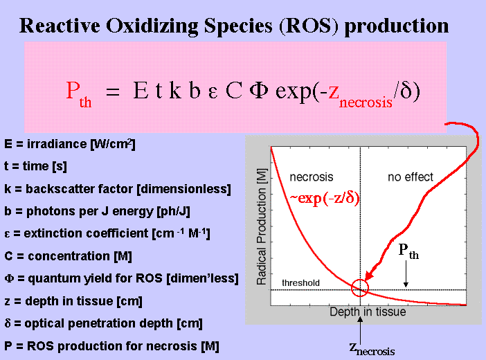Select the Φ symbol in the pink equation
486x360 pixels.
259,91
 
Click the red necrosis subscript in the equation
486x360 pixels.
366,102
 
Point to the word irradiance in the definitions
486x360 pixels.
57,144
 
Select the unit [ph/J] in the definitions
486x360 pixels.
173,211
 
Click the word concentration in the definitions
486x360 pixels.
69,256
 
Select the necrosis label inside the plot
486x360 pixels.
311,177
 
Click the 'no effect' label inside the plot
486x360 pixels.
411,177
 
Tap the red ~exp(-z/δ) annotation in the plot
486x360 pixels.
325,198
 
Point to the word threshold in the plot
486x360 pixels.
300,282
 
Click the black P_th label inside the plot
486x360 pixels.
408,251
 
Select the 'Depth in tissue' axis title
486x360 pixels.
368,312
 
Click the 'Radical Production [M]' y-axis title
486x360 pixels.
262,226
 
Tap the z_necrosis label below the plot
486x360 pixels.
372,349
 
